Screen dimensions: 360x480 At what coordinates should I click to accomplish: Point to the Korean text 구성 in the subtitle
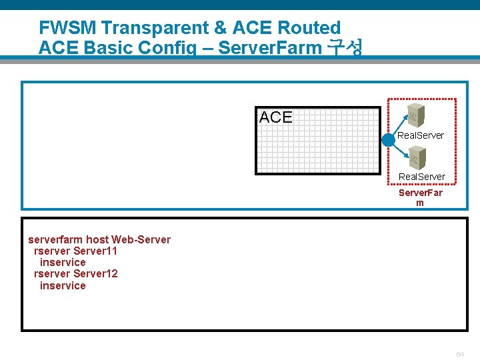346,48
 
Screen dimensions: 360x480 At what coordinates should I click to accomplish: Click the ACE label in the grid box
275,117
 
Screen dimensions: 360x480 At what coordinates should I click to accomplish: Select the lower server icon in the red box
417,157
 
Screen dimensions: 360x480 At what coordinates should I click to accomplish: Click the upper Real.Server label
421,135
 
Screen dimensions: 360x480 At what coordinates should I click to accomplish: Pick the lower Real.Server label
422,177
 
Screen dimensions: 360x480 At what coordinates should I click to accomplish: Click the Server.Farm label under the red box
420,197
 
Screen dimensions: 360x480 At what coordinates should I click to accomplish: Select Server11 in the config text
95,251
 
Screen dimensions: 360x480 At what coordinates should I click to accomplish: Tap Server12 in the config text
95,274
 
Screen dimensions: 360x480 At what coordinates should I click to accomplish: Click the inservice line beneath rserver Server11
63,263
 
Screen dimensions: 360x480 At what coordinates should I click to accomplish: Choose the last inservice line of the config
63,285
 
